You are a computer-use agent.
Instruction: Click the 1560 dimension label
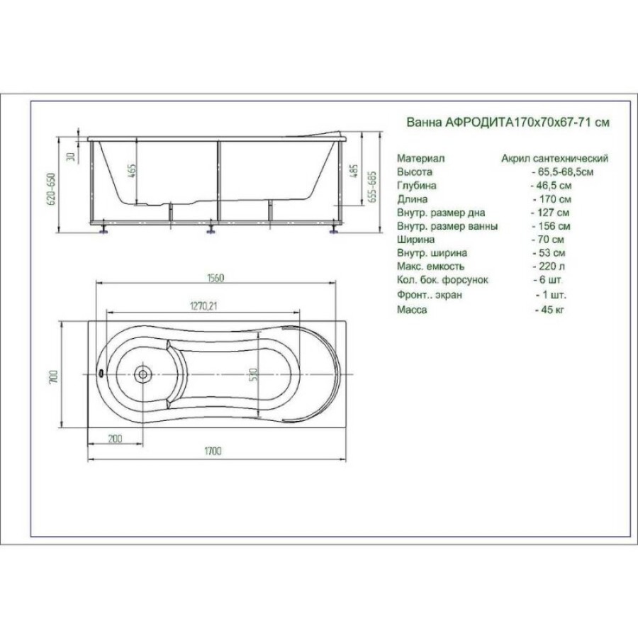[216, 278]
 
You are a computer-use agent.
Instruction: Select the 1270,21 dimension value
[203, 306]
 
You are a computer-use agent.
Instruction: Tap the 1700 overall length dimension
[213, 452]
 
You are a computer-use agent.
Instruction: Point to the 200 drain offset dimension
[115, 439]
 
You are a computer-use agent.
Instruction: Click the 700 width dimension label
[53, 376]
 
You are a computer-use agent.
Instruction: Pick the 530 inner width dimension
[254, 375]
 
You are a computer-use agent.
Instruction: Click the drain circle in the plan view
[142, 374]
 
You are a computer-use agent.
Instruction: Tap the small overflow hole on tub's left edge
[100, 373]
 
